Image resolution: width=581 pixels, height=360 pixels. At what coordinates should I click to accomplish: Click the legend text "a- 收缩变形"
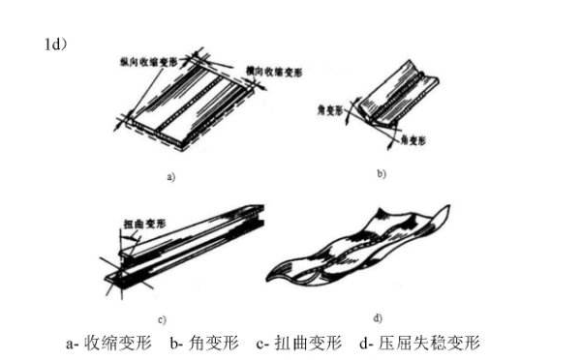coord(106,343)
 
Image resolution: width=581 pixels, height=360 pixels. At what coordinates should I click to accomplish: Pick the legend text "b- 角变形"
coord(202,343)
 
